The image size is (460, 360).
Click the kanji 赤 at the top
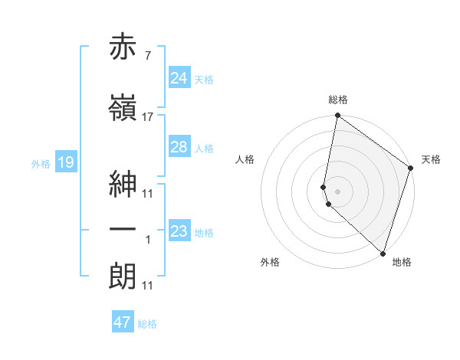[123, 48]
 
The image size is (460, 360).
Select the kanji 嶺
[123, 106]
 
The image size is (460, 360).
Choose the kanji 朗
[123, 275]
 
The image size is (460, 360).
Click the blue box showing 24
[179, 78]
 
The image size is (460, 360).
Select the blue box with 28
[179, 147]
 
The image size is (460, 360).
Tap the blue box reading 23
[179, 231]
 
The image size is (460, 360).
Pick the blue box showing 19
[65, 162]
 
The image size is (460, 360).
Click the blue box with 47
[123, 322]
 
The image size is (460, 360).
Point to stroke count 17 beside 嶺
[148, 117]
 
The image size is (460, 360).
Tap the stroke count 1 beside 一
[147, 240]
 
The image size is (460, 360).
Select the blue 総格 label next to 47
[147, 324]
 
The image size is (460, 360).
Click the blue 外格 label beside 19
[40, 163]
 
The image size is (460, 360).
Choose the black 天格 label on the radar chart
[431, 159]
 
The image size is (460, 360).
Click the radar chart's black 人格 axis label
[245, 159]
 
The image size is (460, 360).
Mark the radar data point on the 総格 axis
[337, 116]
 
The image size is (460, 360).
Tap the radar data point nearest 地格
[383, 253]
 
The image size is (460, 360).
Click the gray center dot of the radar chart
[337, 190]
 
